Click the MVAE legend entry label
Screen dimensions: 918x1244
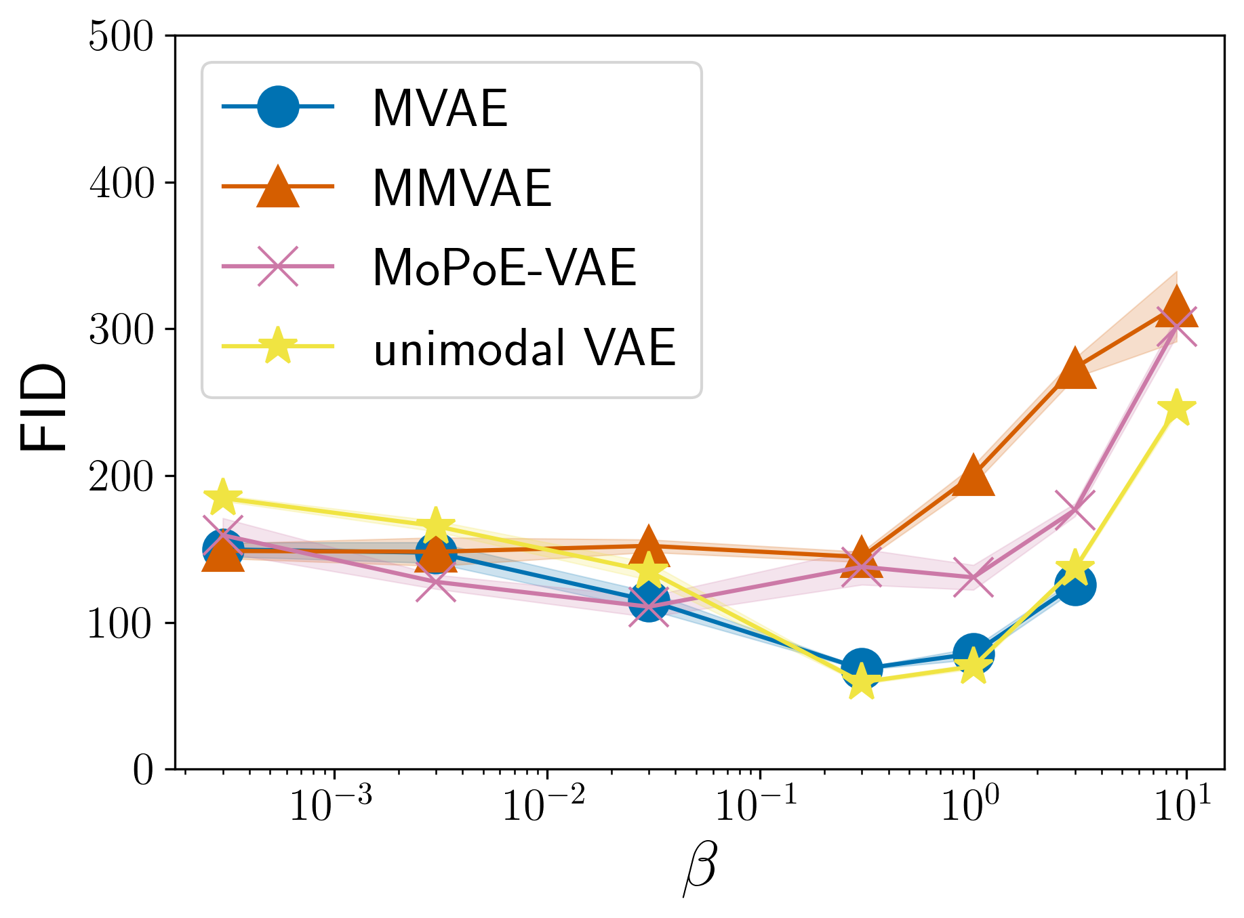click(x=440, y=108)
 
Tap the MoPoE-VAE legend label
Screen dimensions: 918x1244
click(x=504, y=268)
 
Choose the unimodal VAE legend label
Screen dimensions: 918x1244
click(x=524, y=348)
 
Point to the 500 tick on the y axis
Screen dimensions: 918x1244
click(x=121, y=36)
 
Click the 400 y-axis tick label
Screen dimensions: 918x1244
click(x=121, y=183)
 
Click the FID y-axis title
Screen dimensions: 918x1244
click(x=44, y=407)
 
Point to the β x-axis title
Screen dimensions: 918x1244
click(x=699, y=870)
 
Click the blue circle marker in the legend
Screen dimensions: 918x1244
click(x=278, y=106)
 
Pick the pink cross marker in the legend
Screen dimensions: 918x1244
click(x=278, y=266)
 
